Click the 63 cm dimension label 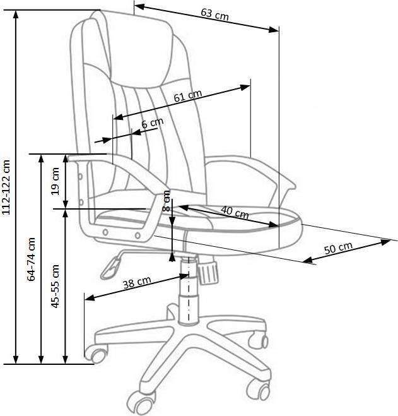214,15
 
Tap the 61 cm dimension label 188,95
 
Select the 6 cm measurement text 153,123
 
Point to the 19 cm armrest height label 55,181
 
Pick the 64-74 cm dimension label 31,259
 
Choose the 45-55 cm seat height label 55,286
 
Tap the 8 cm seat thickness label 167,201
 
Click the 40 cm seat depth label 235,212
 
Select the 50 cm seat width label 338,248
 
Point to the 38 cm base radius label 137,282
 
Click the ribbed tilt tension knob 208,271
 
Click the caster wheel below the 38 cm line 98,354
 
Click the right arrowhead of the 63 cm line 273,30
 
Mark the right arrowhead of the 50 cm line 385,242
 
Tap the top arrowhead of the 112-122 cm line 16,15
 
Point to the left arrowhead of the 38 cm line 90,298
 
